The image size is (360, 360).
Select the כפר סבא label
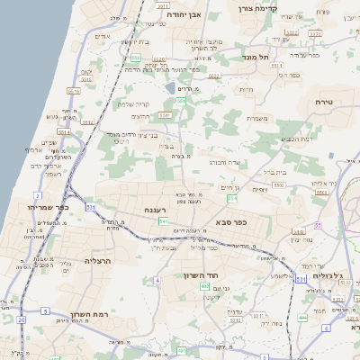pyautogui.click(x=231, y=220)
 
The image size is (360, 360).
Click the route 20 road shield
pyautogui.click(x=21, y=319)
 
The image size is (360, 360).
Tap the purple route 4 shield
pyautogui.click(x=157, y=281)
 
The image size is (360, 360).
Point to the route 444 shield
pyautogui.click(x=302, y=318)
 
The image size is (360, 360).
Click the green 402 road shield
pyautogui.click(x=205, y=286)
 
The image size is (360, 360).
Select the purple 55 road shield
pyautogui.click(x=318, y=225)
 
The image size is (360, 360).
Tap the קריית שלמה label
pyautogui.click(x=133, y=103)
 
